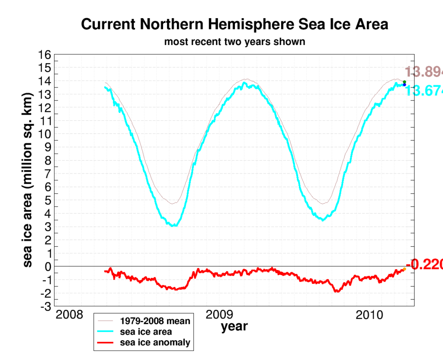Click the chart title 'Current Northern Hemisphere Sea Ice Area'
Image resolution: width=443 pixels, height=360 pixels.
pyautogui.click(x=234, y=24)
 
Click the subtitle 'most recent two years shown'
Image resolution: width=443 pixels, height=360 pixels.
pyautogui.click(x=234, y=42)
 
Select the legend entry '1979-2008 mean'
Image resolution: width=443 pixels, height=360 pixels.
pyautogui.click(x=155, y=321)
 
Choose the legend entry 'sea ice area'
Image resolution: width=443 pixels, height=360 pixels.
pyautogui.click(x=146, y=332)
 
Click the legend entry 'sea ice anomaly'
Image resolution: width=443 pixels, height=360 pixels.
pyautogui.click(x=155, y=343)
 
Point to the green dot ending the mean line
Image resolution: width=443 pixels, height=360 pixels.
pyautogui.click(x=404, y=82)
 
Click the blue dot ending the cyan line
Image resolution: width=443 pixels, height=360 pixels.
pyautogui.click(x=404, y=85)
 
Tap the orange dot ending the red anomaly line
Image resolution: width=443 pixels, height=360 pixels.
pyautogui.click(x=404, y=269)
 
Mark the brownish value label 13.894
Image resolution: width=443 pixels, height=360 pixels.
pyautogui.click(x=424, y=72)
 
